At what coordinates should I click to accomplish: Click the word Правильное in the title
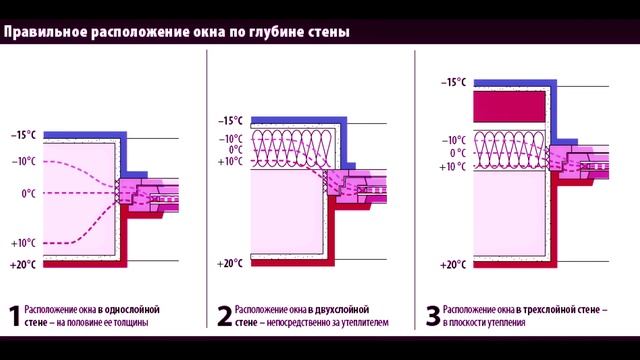39,31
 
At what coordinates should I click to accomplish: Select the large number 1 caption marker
13,317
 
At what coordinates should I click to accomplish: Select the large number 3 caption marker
431,317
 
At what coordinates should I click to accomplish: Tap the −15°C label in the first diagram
24,135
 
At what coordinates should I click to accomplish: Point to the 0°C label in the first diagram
29,193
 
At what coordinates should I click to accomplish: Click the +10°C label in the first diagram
24,242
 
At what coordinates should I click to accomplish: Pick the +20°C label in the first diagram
24,265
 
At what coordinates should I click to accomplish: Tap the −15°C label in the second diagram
231,120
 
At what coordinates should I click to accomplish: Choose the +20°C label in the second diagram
231,264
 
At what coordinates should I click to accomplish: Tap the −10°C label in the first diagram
24,161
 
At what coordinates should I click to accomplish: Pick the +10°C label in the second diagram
231,161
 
